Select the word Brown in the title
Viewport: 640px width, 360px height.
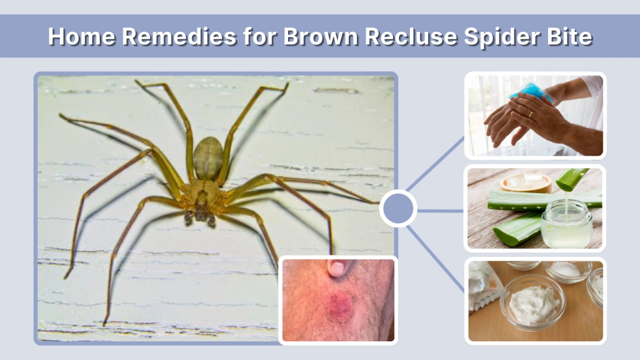[x=322, y=36]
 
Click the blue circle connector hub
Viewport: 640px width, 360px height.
[x=398, y=209]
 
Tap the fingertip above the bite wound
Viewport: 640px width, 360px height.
[x=336, y=268]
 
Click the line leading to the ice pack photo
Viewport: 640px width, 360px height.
[x=436, y=165]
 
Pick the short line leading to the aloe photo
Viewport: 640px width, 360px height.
[x=441, y=211]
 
